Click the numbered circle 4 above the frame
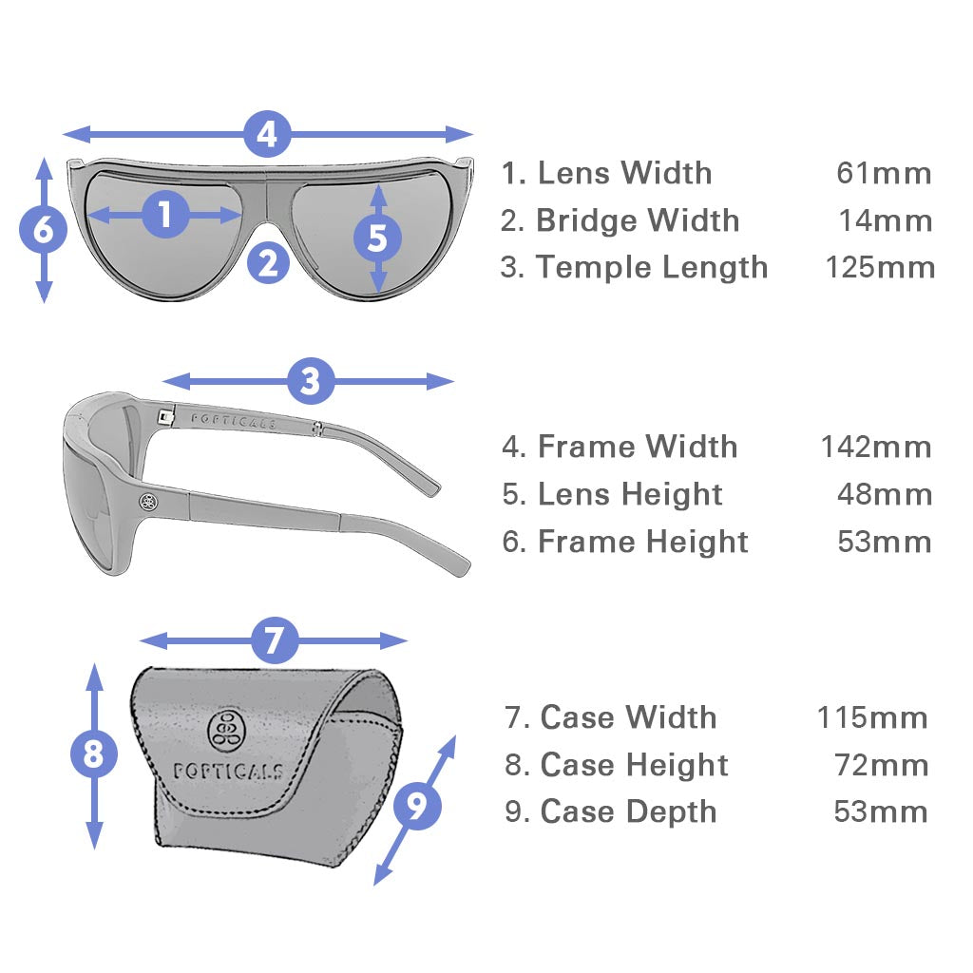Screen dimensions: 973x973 (x=267, y=134)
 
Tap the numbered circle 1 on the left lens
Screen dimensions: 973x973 (x=165, y=215)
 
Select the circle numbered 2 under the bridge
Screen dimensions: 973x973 (x=268, y=262)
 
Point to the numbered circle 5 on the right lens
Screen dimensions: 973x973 (x=377, y=238)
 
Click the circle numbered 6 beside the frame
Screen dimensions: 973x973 (x=43, y=231)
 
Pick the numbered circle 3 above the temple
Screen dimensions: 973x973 (x=310, y=382)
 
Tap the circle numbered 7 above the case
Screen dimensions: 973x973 (x=274, y=640)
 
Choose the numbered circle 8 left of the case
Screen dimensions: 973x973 (x=93, y=754)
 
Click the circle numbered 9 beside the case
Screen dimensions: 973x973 (x=416, y=807)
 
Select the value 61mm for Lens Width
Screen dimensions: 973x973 (x=884, y=174)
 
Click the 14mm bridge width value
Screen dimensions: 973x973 (x=885, y=221)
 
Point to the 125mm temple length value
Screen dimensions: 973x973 (x=879, y=267)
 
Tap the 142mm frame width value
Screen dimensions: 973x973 (x=876, y=447)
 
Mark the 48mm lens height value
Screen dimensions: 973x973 (x=884, y=494)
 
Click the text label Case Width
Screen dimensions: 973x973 (x=628, y=717)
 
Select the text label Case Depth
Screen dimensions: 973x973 (x=628, y=812)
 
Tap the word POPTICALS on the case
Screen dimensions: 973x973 (x=228, y=770)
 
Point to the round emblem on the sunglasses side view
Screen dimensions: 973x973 (x=148, y=502)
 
